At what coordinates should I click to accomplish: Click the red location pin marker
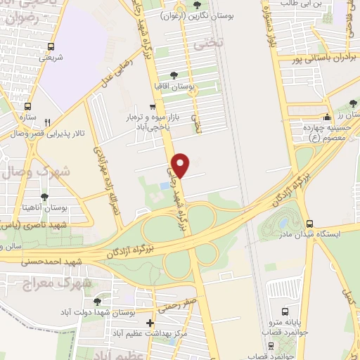pyautogui.click(x=181, y=165)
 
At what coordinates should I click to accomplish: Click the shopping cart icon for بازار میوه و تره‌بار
pyautogui.click(x=153, y=106)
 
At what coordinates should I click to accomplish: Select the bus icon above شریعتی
pyautogui.click(x=50, y=46)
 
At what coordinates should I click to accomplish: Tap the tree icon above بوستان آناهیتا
pyautogui.click(x=44, y=197)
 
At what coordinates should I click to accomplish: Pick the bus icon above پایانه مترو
pyautogui.click(x=285, y=311)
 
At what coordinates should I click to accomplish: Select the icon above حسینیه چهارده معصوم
pyautogui.click(x=326, y=117)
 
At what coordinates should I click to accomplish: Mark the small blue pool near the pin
pyautogui.click(x=165, y=185)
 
